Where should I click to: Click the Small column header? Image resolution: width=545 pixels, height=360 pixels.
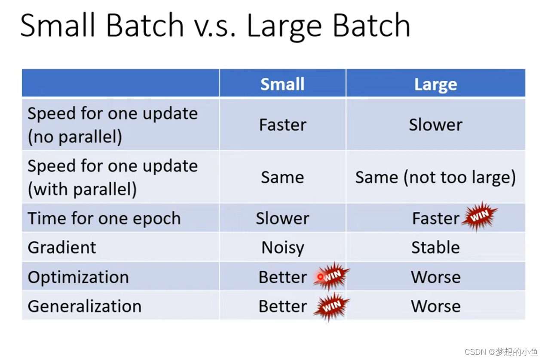(282, 84)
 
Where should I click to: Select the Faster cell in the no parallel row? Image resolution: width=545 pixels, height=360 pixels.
(282, 125)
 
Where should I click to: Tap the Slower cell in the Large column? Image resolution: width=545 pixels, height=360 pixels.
(435, 125)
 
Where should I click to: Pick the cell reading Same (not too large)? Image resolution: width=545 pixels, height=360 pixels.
(435, 177)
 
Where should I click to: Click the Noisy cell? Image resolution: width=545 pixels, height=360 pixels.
(283, 248)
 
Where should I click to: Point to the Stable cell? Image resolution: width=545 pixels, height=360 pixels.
(435, 247)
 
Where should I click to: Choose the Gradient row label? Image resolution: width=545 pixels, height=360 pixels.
(62, 247)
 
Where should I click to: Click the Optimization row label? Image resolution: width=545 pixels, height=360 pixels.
(78, 277)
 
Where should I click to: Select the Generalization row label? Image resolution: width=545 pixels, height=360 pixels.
(84, 306)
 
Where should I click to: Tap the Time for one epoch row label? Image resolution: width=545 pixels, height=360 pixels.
(104, 218)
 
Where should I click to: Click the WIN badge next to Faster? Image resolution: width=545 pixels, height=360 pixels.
(480, 216)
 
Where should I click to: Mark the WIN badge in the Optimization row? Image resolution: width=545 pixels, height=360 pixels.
(331, 276)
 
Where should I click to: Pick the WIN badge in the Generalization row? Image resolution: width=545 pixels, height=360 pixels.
(331, 306)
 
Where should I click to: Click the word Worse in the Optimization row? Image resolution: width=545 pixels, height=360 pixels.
(436, 277)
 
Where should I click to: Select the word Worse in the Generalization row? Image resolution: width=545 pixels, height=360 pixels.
(436, 306)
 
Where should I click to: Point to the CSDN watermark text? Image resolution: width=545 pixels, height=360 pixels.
(501, 352)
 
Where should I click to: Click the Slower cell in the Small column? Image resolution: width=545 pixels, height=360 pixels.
(282, 218)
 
